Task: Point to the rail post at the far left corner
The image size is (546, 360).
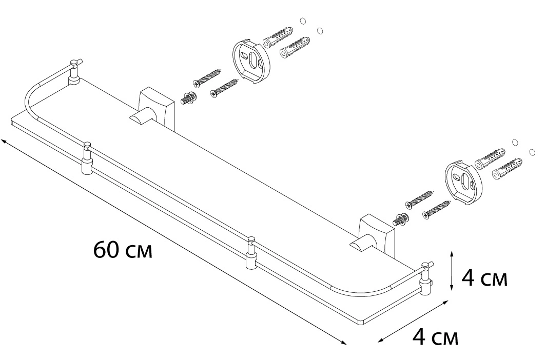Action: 75,72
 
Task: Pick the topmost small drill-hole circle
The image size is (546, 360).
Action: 302,21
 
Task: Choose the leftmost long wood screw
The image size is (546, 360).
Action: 207,76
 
